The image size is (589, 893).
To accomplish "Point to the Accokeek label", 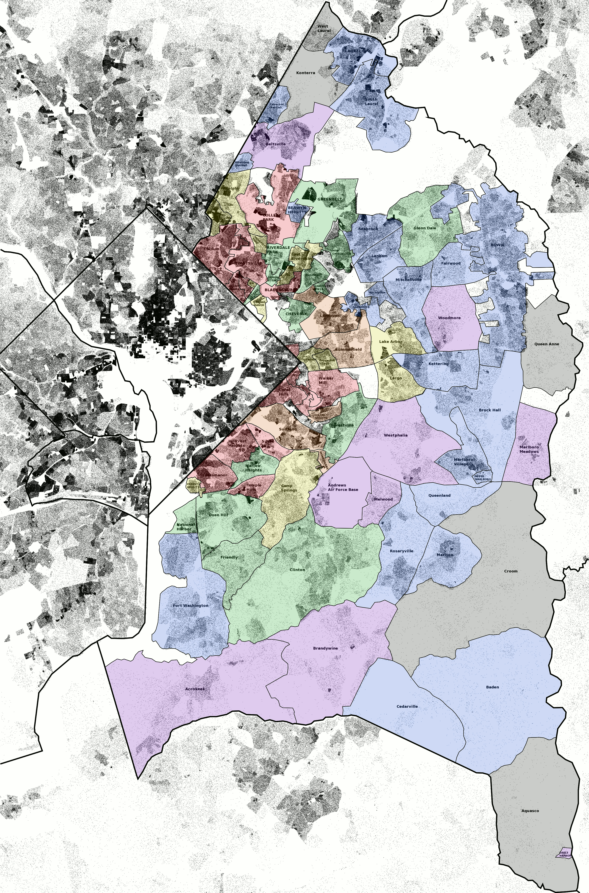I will click(195, 689).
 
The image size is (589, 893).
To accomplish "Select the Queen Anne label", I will click(547, 344).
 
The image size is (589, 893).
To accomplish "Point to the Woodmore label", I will click(449, 318).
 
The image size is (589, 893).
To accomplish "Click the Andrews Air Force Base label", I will click(343, 487).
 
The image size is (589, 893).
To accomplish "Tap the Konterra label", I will click(305, 72).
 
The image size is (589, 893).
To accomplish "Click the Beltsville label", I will click(276, 144).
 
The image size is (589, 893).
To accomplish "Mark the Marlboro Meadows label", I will click(529, 449).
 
